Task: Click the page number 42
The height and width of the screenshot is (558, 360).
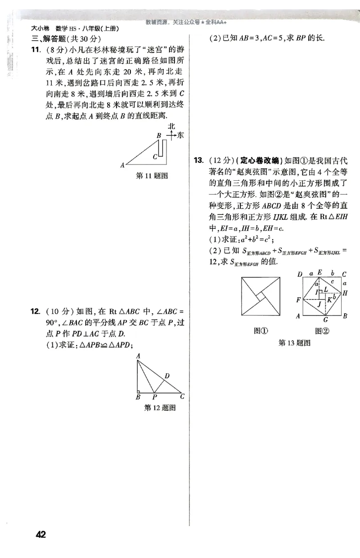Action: pos(40,535)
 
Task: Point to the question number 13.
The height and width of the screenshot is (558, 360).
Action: pos(198,160)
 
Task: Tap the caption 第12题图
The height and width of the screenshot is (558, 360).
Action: pos(159,408)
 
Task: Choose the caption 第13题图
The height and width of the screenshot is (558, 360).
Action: pos(295,343)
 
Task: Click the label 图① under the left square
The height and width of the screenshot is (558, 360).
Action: pos(261,331)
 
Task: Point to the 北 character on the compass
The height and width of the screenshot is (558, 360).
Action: pos(171,126)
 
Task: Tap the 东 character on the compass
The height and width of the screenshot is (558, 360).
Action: pos(180,135)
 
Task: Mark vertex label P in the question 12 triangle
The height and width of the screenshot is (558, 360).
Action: pos(154,397)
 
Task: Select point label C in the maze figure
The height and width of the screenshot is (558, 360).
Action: pos(154,156)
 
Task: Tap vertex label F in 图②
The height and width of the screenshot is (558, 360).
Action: pos(297,299)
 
